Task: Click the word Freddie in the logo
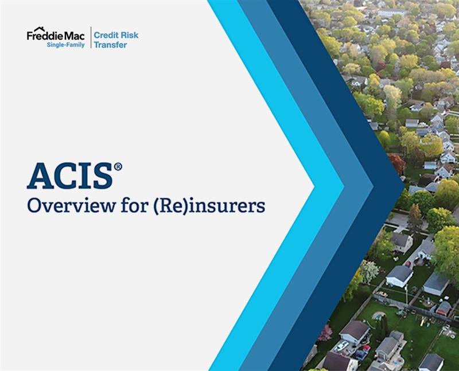[x=44, y=36]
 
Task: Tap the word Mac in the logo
[x=74, y=36]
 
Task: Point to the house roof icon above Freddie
[x=40, y=29]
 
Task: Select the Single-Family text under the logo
[x=65, y=45]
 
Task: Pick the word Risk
[x=129, y=36]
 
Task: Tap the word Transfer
[x=110, y=45]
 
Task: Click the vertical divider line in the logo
[x=91, y=37]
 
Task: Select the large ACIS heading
[x=69, y=177]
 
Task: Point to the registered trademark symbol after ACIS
[x=118, y=167]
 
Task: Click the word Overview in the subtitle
[x=71, y=206]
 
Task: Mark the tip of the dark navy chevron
[x=404, y=186]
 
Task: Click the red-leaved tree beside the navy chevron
[x=397, y=164]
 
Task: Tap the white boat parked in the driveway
[x=341, y=346]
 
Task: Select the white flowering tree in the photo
[x=369, y=271]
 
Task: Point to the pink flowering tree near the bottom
[x=325, y=333]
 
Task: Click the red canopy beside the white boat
[x=366, y=348]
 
